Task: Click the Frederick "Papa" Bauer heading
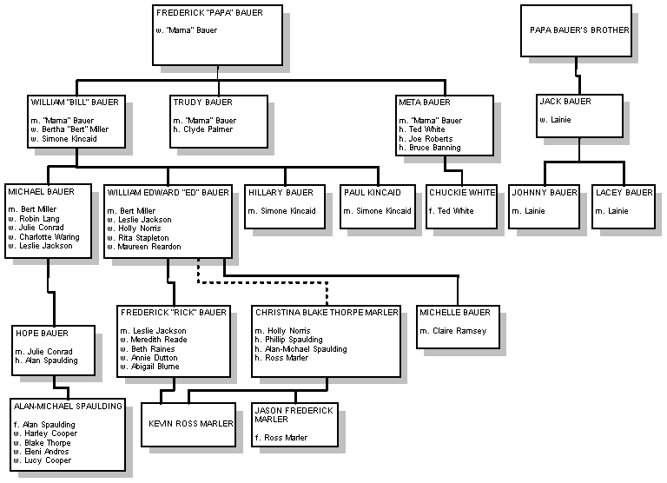pyautogui.click(x=209, y=13)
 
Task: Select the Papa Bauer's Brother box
pyautogui.click(x=576, y=30)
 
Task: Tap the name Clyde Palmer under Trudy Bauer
pyautogui.click(x=208, y=129)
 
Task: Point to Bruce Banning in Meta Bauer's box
pyautogui.click(x=435, y=148)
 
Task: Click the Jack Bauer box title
pyautogui.click(x=565, y=102)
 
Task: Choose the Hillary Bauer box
pyautogui.click(x=285, y=207)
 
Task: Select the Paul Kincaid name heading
pyautogui.click(x=373, y=192)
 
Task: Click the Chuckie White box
pyautogui.click(x=461, y=207)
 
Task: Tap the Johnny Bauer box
pyautogui.click(x=544, y=207)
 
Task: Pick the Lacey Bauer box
pyautogui.click(x=624, y=207)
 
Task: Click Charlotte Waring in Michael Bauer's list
pyautogui.click(x=50, y=237)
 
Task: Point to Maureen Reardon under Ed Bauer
pyautogui.click(x=149, y=247)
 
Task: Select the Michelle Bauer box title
pyautogui.click(x=455, y=313)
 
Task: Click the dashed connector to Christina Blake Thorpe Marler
pyautogui.click(x=262, y=281)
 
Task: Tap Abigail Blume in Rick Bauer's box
pyautogui.click(x=155, y=367)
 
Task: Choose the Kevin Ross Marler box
pyautogui.click(x=188, y=425)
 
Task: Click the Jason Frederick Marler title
pyautogui.click(x=294, y=415)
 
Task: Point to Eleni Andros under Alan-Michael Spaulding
pyautogui.click(x=46, y=452)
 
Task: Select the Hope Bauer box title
pyautogui.click(x=42, y=334)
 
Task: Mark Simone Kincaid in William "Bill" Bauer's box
pyautogui.click(x=69, y=139)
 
